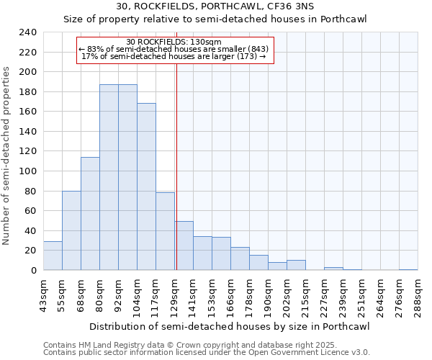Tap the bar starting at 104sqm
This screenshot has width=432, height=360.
click(146, 186)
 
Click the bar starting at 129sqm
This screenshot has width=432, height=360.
click(184, 246)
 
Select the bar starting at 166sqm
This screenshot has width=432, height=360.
click(240, 258)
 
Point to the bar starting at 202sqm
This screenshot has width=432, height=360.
click(296, 265)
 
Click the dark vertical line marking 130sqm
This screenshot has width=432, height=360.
click(176, 166)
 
